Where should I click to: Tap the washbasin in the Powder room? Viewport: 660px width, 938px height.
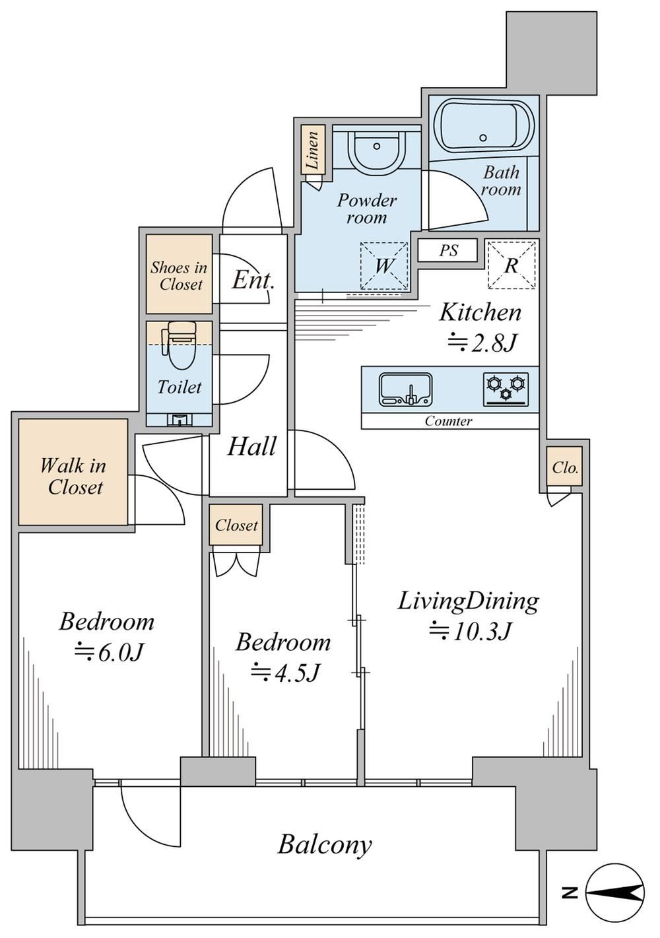pos(377,150)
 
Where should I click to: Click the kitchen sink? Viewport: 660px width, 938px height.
pos(406,390)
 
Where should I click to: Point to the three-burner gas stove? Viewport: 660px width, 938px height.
pos(506,389)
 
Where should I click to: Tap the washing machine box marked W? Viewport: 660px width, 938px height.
pos(384,265)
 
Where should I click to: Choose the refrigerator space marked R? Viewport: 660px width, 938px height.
pos(511,265)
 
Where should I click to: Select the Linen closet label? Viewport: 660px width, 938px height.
pos(313,149)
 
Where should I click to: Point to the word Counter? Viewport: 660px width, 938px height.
pos(449,421)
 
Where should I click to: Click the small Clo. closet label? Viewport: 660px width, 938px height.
pos(565,467)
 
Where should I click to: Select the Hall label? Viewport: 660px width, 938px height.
pos(251,446)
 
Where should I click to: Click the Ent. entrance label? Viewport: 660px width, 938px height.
pos(253,280)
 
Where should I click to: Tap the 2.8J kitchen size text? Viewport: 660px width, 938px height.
pos(480,343)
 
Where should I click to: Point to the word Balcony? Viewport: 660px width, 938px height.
pos(325,844)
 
